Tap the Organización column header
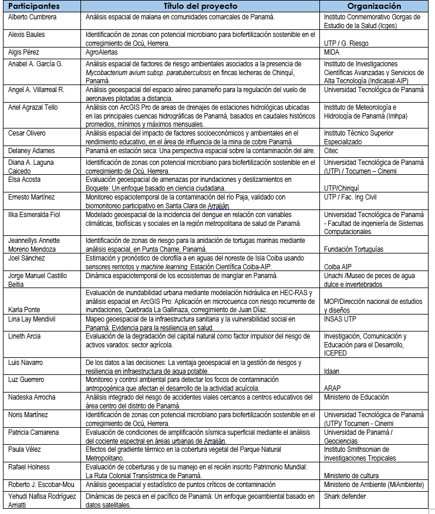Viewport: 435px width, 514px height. [374, 6]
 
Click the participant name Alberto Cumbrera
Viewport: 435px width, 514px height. [32, 17]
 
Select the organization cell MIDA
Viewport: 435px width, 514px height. [332, 52]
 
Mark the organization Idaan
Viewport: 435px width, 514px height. [332, 371]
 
